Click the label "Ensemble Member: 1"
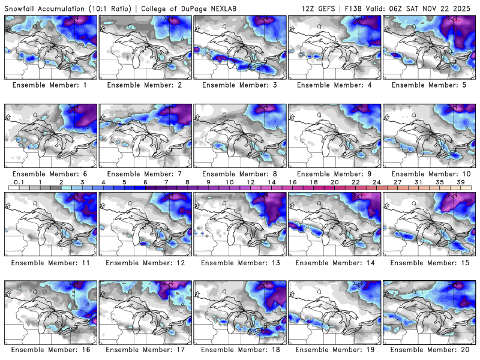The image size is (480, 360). (x=50, y=85)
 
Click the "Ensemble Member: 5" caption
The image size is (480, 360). (x=429, y=85)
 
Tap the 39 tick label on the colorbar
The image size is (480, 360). (x=461, y=181)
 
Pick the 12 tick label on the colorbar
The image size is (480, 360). (x=250, y=181)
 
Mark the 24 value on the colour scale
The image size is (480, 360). (x=376, y=181)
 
